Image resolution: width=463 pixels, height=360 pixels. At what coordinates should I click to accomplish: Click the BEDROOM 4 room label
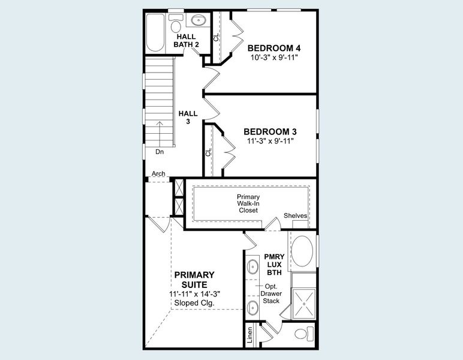pos(274,48)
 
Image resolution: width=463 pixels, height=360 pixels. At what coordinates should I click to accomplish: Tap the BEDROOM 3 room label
pos(270,131)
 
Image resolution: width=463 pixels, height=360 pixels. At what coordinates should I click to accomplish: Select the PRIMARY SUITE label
pos(194,279)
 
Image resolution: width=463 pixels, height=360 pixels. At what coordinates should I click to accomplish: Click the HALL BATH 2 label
pos(186,40)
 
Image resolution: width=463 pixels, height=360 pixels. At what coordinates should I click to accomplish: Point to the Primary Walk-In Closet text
pos(248,203)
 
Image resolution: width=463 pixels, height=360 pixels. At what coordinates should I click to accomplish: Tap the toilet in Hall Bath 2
pos(176,25)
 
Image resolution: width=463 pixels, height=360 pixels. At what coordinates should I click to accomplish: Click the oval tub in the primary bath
pos(302,253)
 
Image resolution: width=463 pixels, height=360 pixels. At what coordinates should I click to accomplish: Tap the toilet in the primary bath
pos(305,334)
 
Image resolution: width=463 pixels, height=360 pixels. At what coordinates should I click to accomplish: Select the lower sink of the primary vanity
pos(252,308)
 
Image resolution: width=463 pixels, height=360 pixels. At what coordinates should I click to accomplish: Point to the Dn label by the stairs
pos(160,152)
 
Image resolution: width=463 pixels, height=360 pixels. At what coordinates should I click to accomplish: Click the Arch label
pos(158,174)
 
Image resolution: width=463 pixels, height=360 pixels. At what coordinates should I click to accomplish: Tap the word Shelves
pos(296,216)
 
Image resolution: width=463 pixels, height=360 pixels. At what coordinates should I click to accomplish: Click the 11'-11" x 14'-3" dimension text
pos(194,294)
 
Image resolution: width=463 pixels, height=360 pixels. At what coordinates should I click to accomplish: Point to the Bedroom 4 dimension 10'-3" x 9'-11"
pos(274,58)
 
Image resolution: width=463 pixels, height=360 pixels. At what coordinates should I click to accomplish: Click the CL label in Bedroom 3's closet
pos(209,152)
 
